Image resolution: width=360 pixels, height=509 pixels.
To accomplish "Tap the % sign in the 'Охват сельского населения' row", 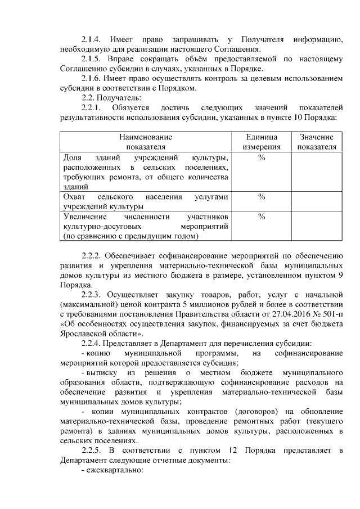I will pyautogui.click(x=262, y=197).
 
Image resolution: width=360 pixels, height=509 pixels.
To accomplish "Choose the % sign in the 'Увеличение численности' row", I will pyautogui.click(x=262, y=217).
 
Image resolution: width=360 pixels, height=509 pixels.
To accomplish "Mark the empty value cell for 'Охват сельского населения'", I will pyautogui.click(x=317, y=201).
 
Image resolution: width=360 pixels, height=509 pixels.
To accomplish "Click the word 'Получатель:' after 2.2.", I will pyautogui.click(x=117, y=97).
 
